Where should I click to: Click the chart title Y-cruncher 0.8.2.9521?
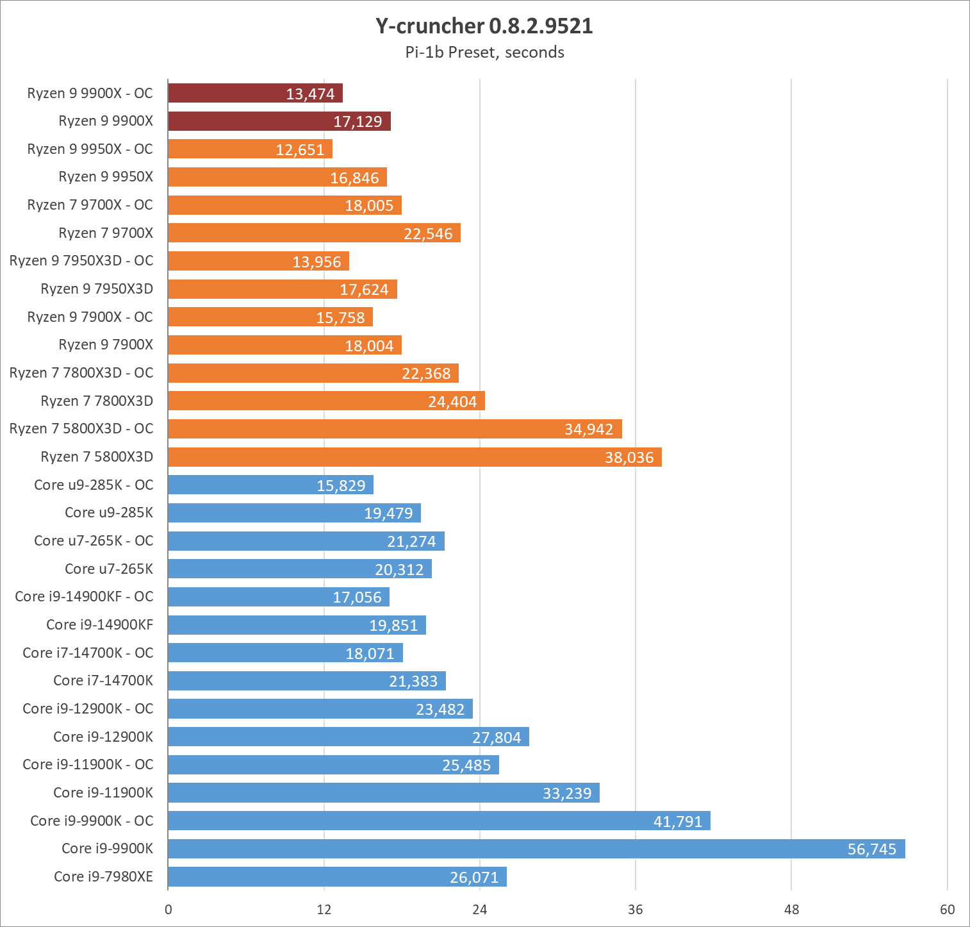pyautogui.click(x=484, y=26)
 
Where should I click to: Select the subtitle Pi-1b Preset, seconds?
pyautogui.click(x=484, y=53)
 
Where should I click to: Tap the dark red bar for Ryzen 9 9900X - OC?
pyautogui.click(x=255, y=94)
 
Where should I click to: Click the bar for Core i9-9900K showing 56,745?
pyautogui.click(x=536, y=849)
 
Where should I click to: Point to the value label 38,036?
pyautogui.click(x=629, y=458)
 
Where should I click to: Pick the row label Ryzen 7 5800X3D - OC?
pyautogui.click(x=81, y=429)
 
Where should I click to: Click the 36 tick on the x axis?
pyautogui.click(x=636, y=909)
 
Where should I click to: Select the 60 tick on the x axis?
pyautogui.click(x=947, y=909)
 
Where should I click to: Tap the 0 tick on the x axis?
pyautogui.click(x=169, y=909)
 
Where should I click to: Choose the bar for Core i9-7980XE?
pyautogui.click(x=337, y=877)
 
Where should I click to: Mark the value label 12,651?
pyautogui.click(x=300, y=150)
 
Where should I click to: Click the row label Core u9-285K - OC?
pyautogui.click(x=94, y=485)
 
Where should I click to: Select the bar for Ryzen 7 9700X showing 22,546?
pyautogui.click(x=314, y=233)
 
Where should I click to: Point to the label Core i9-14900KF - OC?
pyautogui.click(x=84, y=597)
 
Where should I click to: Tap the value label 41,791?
pyautogui.click(x=678, y=821)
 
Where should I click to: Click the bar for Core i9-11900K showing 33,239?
pyautogui.click(x=384, y=793)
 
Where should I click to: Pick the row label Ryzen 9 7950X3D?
pyautogui.click(x=97, y=289)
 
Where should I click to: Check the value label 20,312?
pyautogui.click(x=399, y=569)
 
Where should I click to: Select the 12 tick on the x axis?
pyautogui.click(x=324, y=909)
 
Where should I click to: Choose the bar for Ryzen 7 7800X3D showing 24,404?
pyautogui.click(x=326, y=401)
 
